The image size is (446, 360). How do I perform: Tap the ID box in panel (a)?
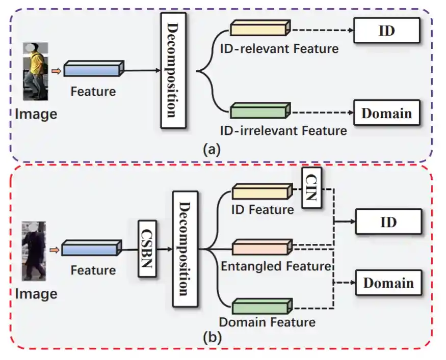(x=387, y=31)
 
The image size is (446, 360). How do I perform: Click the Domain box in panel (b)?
(x=388, y=283)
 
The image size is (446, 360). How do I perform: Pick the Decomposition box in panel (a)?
(x=172, y=70)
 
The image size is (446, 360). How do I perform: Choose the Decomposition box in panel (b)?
(x=185, y=249)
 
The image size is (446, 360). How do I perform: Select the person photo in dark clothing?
(x=34, y=252)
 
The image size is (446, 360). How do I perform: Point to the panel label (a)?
(x=211, y=150)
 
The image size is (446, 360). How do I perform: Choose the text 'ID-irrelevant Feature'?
(x=283, y=130)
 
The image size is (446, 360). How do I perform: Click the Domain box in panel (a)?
(x=387, y=113)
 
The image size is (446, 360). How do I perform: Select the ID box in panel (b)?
(x=388, y=223)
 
